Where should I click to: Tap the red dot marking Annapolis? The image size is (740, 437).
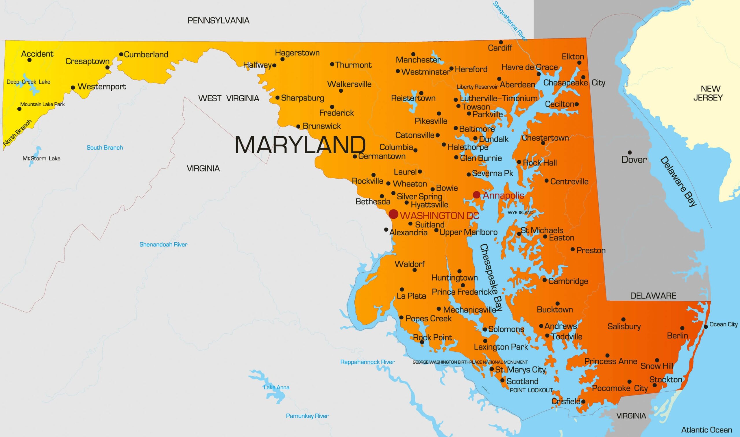(x=477, y=195)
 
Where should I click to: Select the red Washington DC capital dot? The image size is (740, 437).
(x=393, y=214)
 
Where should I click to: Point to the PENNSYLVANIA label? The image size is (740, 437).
(x=218, y=21)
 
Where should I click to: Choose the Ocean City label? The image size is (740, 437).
(x=723, y=324)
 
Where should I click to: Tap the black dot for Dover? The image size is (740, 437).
(x=630, y=153)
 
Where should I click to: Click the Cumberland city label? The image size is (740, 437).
(x=146, y=55)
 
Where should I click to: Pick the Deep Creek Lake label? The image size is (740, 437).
(x=28, y=82)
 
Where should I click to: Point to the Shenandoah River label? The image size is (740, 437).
(x=163, y=244)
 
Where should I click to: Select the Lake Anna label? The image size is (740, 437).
(x=276, y=388)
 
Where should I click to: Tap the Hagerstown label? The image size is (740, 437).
(x=297, y=53)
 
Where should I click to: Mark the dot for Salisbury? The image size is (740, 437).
(x=623, y=319)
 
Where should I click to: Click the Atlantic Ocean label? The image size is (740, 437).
(x=706, y=430)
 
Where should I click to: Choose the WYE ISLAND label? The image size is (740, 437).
(x=520, y=213)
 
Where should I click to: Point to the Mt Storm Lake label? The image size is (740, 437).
(x=42, y=159)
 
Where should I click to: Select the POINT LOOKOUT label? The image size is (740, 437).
(x=531, y=390)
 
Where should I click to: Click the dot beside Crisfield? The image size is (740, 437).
(x=583, y=401)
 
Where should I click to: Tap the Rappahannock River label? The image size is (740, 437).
(x=367, y=362)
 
